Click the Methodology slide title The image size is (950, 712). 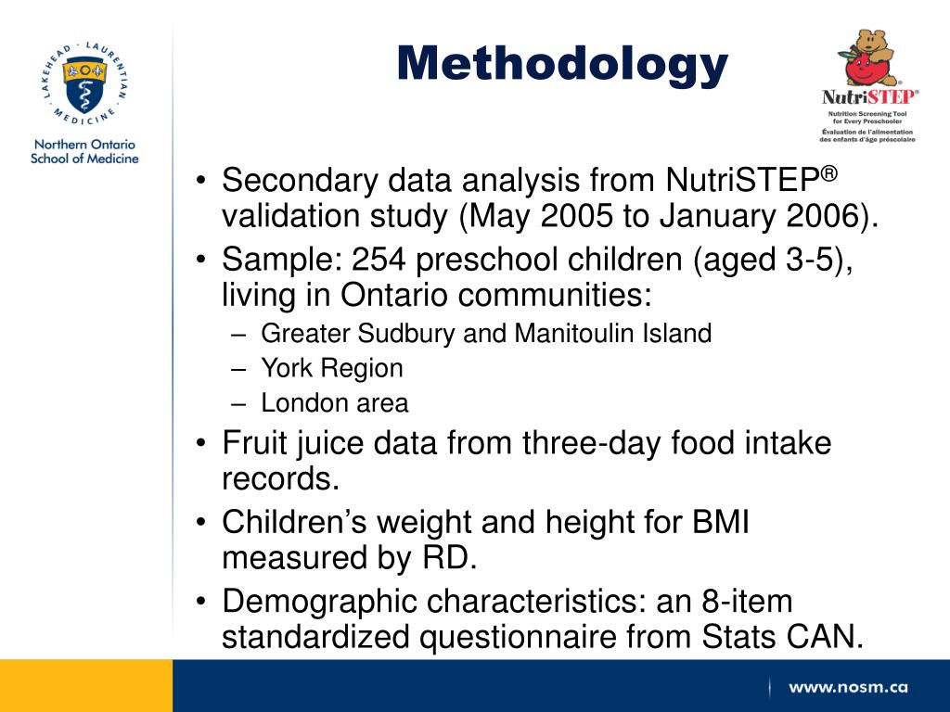[562, 64]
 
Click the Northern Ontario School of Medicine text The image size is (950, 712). [84, 151]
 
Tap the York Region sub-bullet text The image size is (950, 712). [331, 368]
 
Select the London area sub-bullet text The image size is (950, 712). [334, 403]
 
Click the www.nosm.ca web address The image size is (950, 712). [848, 687]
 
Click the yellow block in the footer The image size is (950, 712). [85, 685]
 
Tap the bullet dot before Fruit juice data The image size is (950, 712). [201, 444]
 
